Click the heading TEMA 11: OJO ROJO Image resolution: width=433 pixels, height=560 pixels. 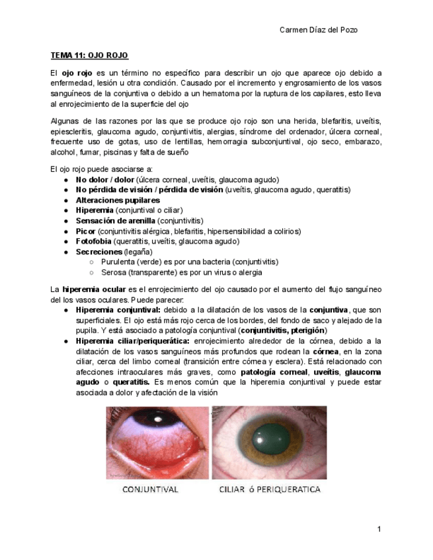90,55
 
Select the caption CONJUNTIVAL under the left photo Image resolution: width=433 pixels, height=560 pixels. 150,490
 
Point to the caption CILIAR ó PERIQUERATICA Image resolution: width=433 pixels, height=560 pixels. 270,490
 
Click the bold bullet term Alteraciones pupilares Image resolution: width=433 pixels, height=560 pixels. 118,200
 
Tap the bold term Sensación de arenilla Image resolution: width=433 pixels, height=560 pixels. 116,221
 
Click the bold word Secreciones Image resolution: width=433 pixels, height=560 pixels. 99,252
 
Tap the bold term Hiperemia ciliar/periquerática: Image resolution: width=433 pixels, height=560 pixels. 132,341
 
